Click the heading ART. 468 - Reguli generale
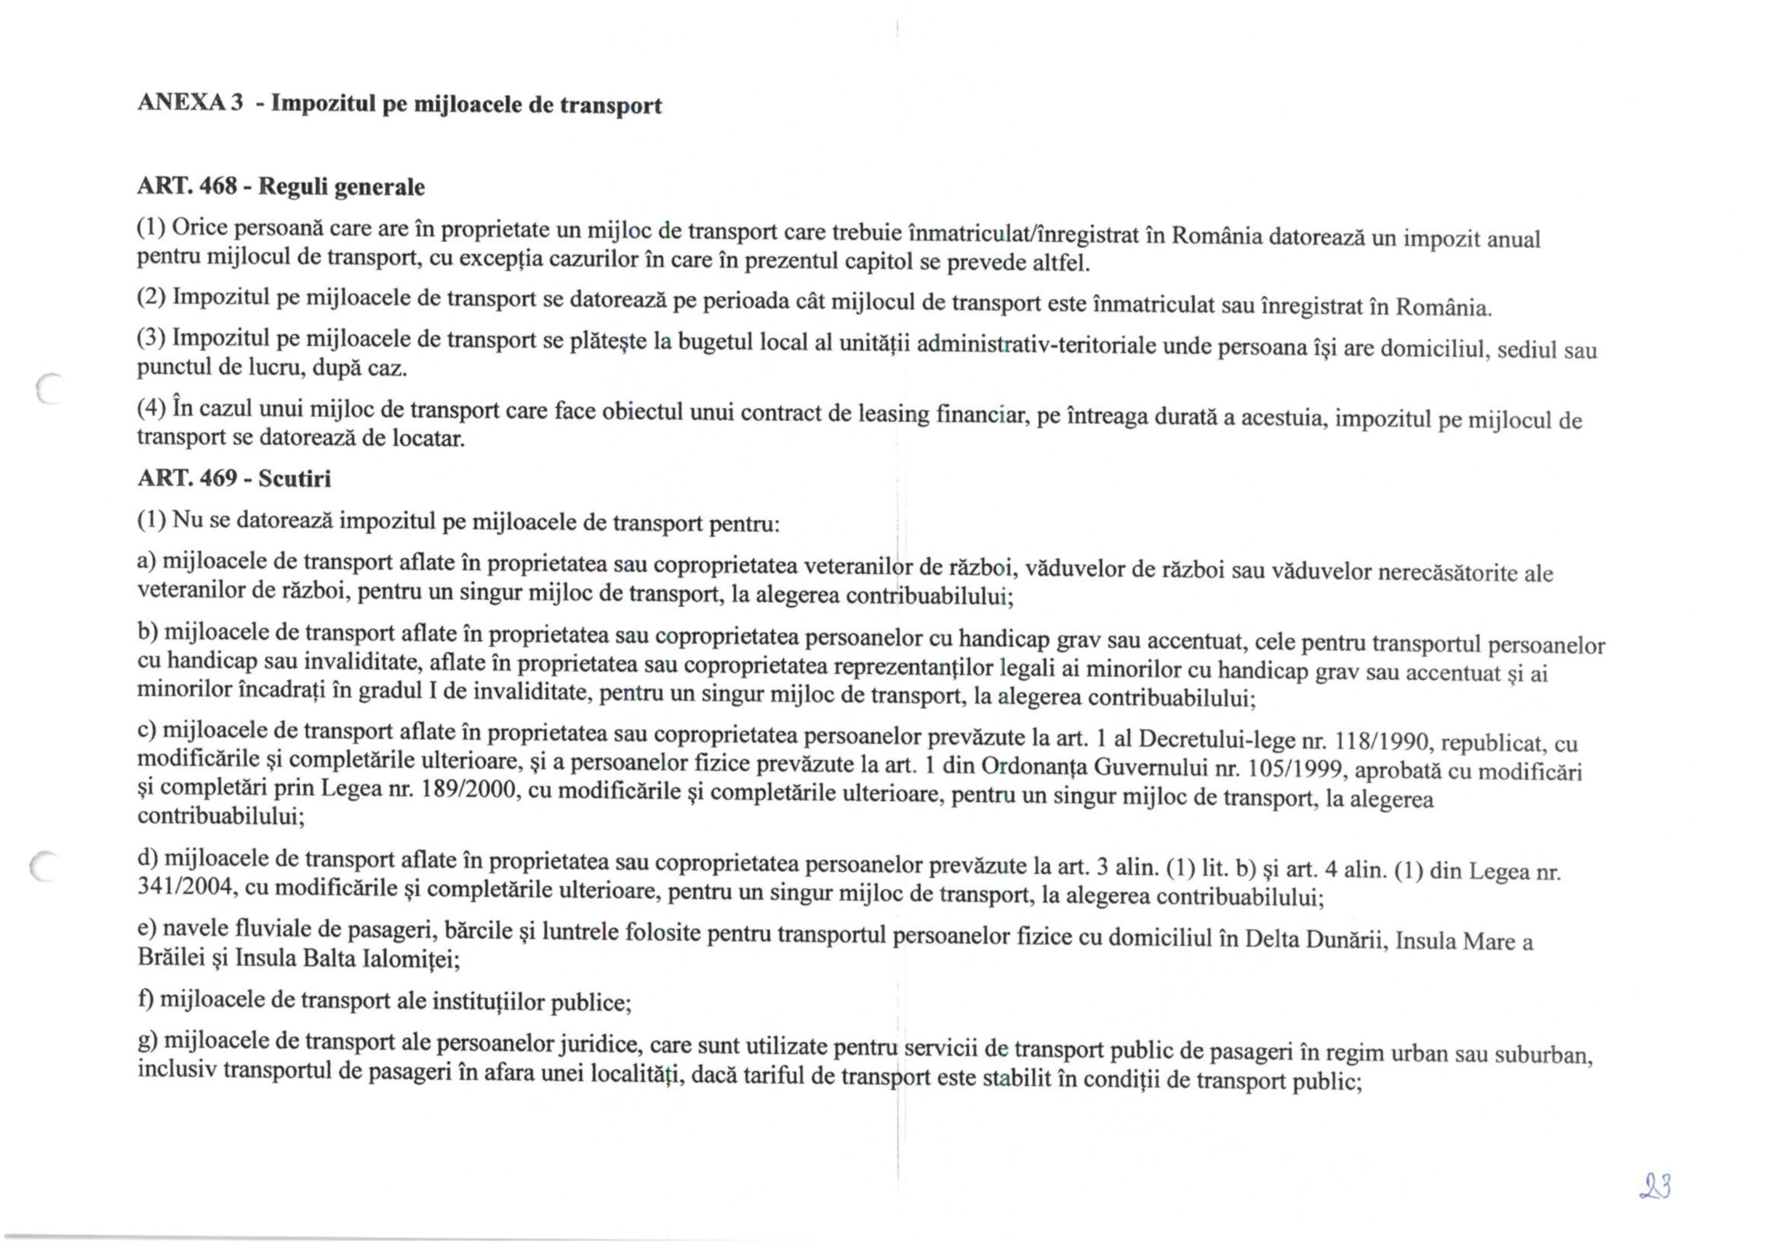(281, 187)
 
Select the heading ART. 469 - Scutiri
(234, 478)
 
